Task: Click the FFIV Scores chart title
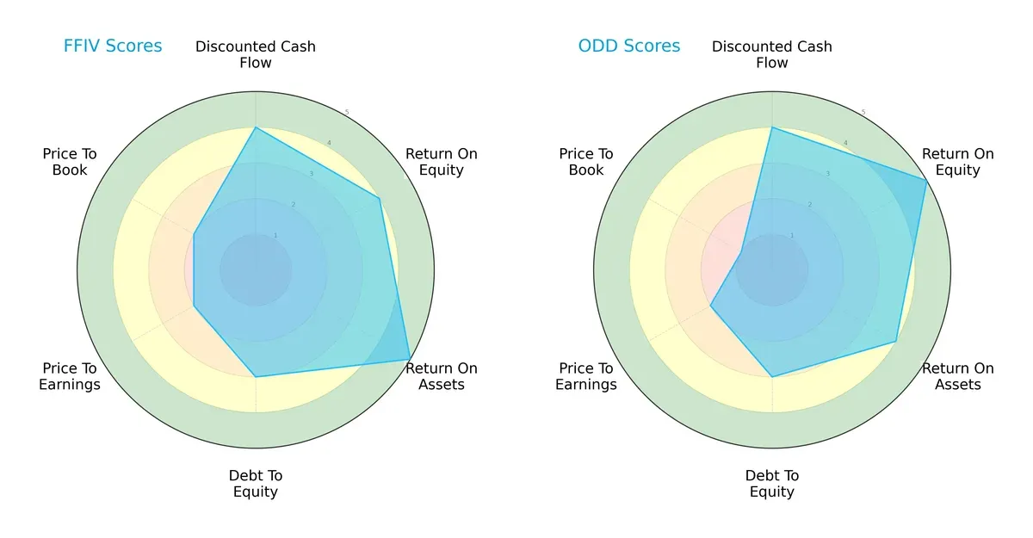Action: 113,46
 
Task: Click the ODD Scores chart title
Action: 628,46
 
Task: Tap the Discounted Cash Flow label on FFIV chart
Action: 256,54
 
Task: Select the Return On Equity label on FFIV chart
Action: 442,162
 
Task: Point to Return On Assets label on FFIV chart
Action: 442,376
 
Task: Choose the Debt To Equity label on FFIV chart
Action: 256,484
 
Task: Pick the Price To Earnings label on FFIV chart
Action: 70,376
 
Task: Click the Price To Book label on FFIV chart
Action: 70,162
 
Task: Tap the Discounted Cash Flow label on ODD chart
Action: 772,54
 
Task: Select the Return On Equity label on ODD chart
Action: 958,162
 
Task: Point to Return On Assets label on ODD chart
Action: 958,376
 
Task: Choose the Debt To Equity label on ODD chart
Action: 772,484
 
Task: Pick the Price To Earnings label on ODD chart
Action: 586,376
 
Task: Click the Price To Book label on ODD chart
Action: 586,162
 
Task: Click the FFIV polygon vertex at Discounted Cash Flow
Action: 256,127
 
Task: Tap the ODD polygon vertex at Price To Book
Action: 741,252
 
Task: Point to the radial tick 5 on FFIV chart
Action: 347,113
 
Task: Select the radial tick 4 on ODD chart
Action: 845,143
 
